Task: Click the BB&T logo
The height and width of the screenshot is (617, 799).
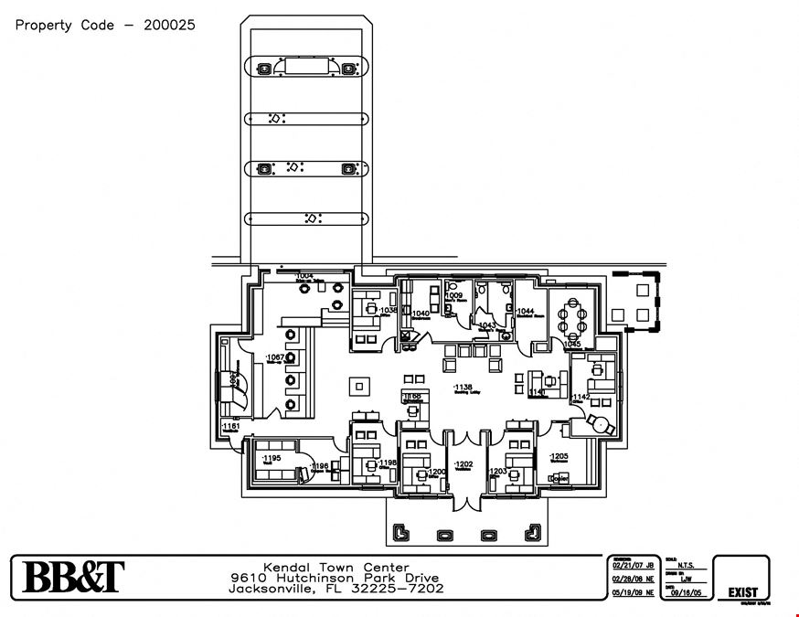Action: coord(73,577)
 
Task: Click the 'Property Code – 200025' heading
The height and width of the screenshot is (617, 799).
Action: coord(105,25)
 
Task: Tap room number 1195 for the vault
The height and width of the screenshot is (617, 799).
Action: coord(272,457)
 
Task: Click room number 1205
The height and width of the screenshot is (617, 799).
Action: coord(559,456)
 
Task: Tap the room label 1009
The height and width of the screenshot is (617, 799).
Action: coord(454,296)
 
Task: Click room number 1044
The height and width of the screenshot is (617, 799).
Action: coord(525,312)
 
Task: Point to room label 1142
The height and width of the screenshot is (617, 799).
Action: coord(581,397)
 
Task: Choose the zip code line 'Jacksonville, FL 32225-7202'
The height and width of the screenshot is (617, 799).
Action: coord(336,589)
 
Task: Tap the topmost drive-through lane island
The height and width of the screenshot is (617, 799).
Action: coord(305,68)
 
